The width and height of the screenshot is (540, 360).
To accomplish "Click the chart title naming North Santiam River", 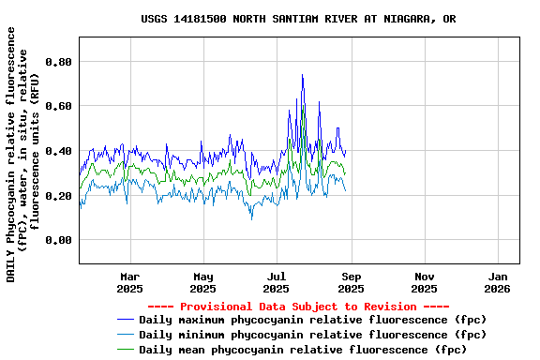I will click(x=299, y=19).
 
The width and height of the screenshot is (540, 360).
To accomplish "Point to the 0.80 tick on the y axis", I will click(x=58, y=62).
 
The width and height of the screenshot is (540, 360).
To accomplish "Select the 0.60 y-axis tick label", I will click(x=58, y=106).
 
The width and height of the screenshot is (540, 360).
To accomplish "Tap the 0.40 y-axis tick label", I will click(x=58, y=151).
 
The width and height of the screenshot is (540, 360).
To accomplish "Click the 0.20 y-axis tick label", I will click(x=58, y=196).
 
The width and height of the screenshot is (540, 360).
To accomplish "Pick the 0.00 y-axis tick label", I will click(x=58, y=240).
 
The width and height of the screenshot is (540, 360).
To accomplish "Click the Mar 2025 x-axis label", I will click(x=130, y=282).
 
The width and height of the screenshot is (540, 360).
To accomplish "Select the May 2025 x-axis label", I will click(x=203, y=282).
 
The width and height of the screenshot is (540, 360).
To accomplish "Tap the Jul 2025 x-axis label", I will click(x=277, y=282).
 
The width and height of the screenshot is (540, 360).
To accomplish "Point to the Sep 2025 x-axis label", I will click(x=351, y=282).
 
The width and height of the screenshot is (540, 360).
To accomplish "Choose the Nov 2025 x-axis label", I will click(x=425, y=282).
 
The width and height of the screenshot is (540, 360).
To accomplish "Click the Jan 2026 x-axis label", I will click(x=498, y=282).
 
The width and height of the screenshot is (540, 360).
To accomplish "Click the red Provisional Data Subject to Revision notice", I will click(x=299, y=307).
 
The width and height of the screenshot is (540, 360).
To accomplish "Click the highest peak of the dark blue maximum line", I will click(x=302, y=75).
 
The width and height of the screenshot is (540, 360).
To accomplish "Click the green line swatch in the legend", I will click(x=127, y=350).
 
